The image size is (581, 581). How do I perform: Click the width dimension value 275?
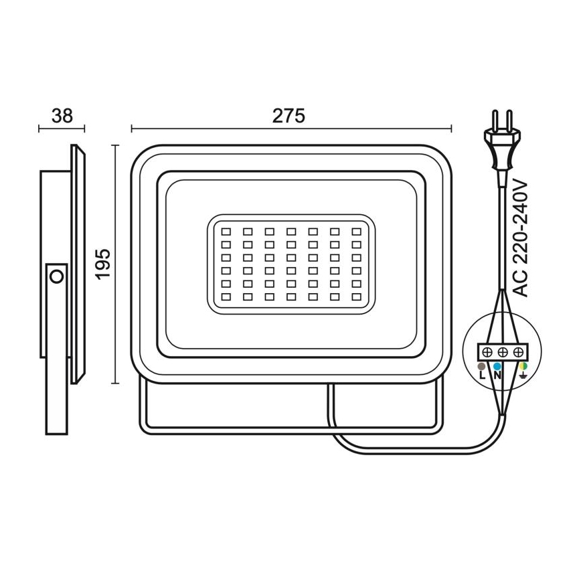click(x=289, y=115)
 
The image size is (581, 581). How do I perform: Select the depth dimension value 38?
click(x=62, y=115)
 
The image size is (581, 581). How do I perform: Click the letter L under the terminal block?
click(x=482, y=376)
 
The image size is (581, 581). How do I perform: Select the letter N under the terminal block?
click(x=497, y=376)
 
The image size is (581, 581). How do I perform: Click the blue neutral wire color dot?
click(x=497, y=367)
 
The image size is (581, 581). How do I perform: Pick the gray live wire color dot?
click(x=481, y=367)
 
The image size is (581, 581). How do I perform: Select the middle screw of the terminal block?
click(x=502, y=352)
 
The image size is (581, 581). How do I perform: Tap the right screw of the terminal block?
click(x=517, y=352)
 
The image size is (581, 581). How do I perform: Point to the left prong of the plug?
click(x=494, y=120)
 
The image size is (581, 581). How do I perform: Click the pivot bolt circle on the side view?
click(x=57, y=275)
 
